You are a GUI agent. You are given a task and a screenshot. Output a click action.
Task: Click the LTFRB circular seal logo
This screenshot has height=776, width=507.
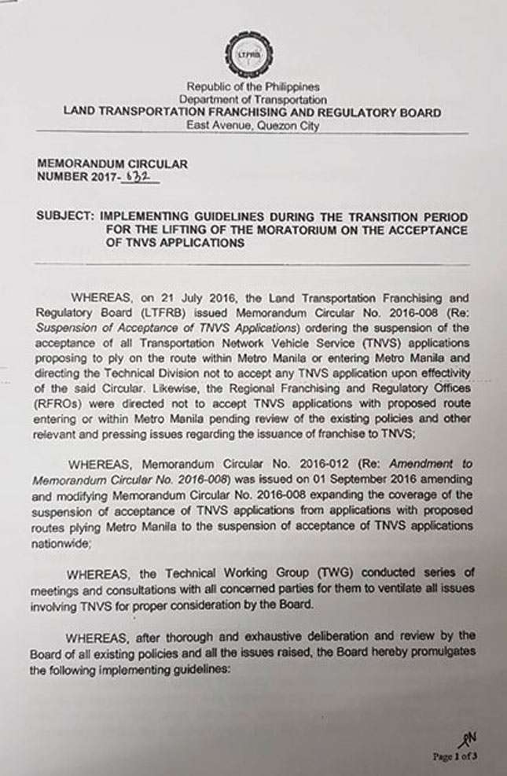pyautogui.click(x=250, y=53)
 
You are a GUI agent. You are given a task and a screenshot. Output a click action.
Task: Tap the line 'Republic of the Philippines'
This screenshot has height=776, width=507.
pyautogui.click(x=252, y=87)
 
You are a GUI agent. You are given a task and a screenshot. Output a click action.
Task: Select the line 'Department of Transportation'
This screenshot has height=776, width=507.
pyautogui.click(x=252, y=100)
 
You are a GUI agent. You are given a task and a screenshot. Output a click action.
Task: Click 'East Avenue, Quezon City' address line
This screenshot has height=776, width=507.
pyautogui.click(x=252, y=126)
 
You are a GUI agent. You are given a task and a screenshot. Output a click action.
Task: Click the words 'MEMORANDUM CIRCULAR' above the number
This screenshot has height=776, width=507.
pyautogui.click(x=112, y=164)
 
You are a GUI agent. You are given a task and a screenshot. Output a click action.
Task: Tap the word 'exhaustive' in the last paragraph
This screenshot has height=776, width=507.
pyautogui.click(x=245, y=634)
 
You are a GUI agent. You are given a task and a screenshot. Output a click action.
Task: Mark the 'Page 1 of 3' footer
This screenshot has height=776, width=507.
pyautogui.click(x=454, y=756)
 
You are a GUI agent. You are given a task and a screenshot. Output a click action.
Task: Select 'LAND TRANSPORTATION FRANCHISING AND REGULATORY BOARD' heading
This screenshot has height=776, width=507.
pyautogui.click(x=252, y=112)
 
